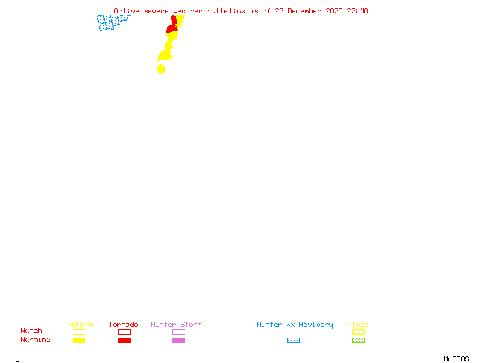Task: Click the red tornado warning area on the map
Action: click(x=172, y=28)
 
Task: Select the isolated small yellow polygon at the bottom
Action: click(x=160, y=69)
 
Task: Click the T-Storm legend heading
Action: click(x=78, y=325)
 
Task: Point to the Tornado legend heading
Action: click(x=123, y=325)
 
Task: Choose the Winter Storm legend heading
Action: click(x=176, y=325)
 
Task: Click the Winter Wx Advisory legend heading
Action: click(x=295, y=325)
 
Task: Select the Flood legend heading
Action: click(x=358, y=325)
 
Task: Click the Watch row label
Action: click(x=31, y=331)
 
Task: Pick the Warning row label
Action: click(x=36, y=340)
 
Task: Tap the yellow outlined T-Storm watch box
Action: click(x=79, y=332)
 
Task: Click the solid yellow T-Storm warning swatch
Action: click(x=79, y=341)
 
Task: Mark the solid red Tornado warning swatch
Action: click(x=124, y=341)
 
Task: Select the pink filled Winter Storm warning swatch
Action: click(x=178, y=341)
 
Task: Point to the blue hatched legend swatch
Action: click(x=293, y=341)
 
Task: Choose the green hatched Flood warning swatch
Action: click(x=358, y=341)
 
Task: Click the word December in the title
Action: click(x=308, y=11)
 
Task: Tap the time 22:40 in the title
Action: click(x=358, y=11)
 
